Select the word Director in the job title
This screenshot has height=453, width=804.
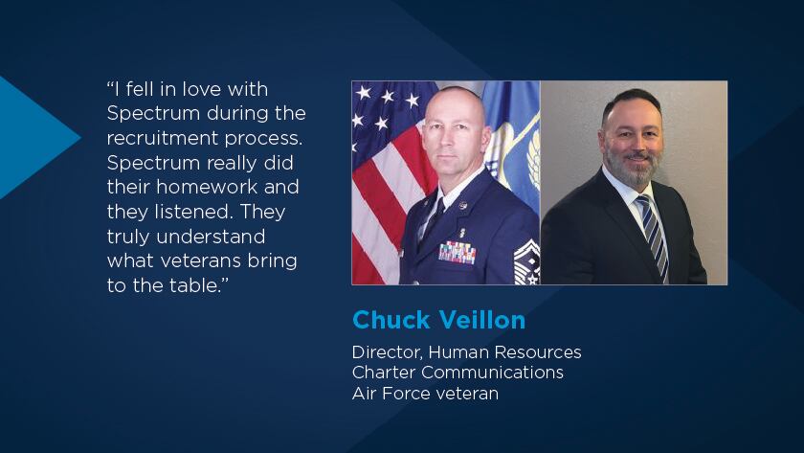coord(387,352)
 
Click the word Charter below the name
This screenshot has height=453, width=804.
coord(384,372)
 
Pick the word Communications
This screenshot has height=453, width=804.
coord(492,372)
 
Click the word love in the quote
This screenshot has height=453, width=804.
coord(202,89)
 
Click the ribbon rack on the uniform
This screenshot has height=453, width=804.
coord(457,252)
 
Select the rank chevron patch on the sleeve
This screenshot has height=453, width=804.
coord(526,261)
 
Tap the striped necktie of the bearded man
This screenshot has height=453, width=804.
coord(653,236)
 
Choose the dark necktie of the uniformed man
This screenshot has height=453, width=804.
coord(434,219)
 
